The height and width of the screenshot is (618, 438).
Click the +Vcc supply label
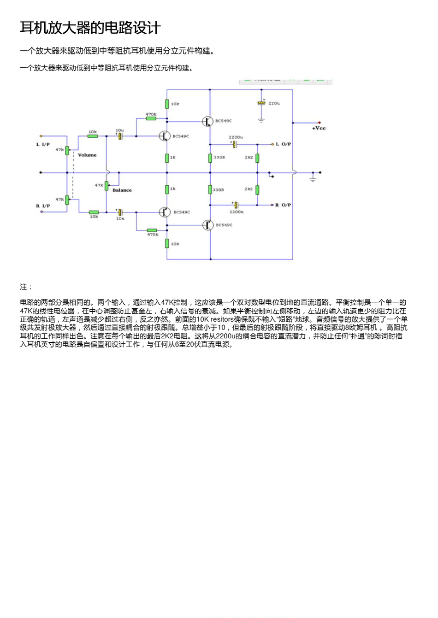click(x=319, y=128)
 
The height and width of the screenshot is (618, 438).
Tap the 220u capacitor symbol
click(x=261, y=103)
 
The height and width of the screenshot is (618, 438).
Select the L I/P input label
click(x=43, y=144)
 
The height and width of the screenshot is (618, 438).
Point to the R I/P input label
click(x=43, y=206)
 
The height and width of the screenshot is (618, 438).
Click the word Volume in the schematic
click(x=87, y=155)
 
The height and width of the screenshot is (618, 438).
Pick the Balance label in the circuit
click(x=122, y=190)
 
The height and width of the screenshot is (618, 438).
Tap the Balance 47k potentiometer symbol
click(x=107, y=185)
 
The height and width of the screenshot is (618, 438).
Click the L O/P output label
click(x=283, y=144)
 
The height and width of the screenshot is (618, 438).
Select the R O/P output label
click(x=283, y=205)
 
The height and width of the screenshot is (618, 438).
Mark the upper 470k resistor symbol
click(x=151, y=118)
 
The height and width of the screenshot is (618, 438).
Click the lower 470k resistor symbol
click(x=152, y=230)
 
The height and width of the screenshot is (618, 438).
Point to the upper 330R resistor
click(x=210, y=158)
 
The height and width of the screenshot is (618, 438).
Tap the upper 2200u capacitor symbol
click(x=235, y=144)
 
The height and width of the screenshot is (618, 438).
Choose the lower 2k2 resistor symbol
click(x=257, y=189)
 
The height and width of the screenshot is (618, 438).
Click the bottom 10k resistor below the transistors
click(x=167, y=244)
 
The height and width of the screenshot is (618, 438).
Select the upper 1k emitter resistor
click(x=167, y=158)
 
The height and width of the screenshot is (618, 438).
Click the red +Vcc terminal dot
click(x=320, y=123)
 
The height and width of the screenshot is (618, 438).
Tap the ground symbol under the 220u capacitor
click(x=261, y=121)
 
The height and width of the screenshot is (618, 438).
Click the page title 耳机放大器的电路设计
click(x=90, y=28)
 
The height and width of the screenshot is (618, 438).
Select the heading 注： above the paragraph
click(x=26, y=287)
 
